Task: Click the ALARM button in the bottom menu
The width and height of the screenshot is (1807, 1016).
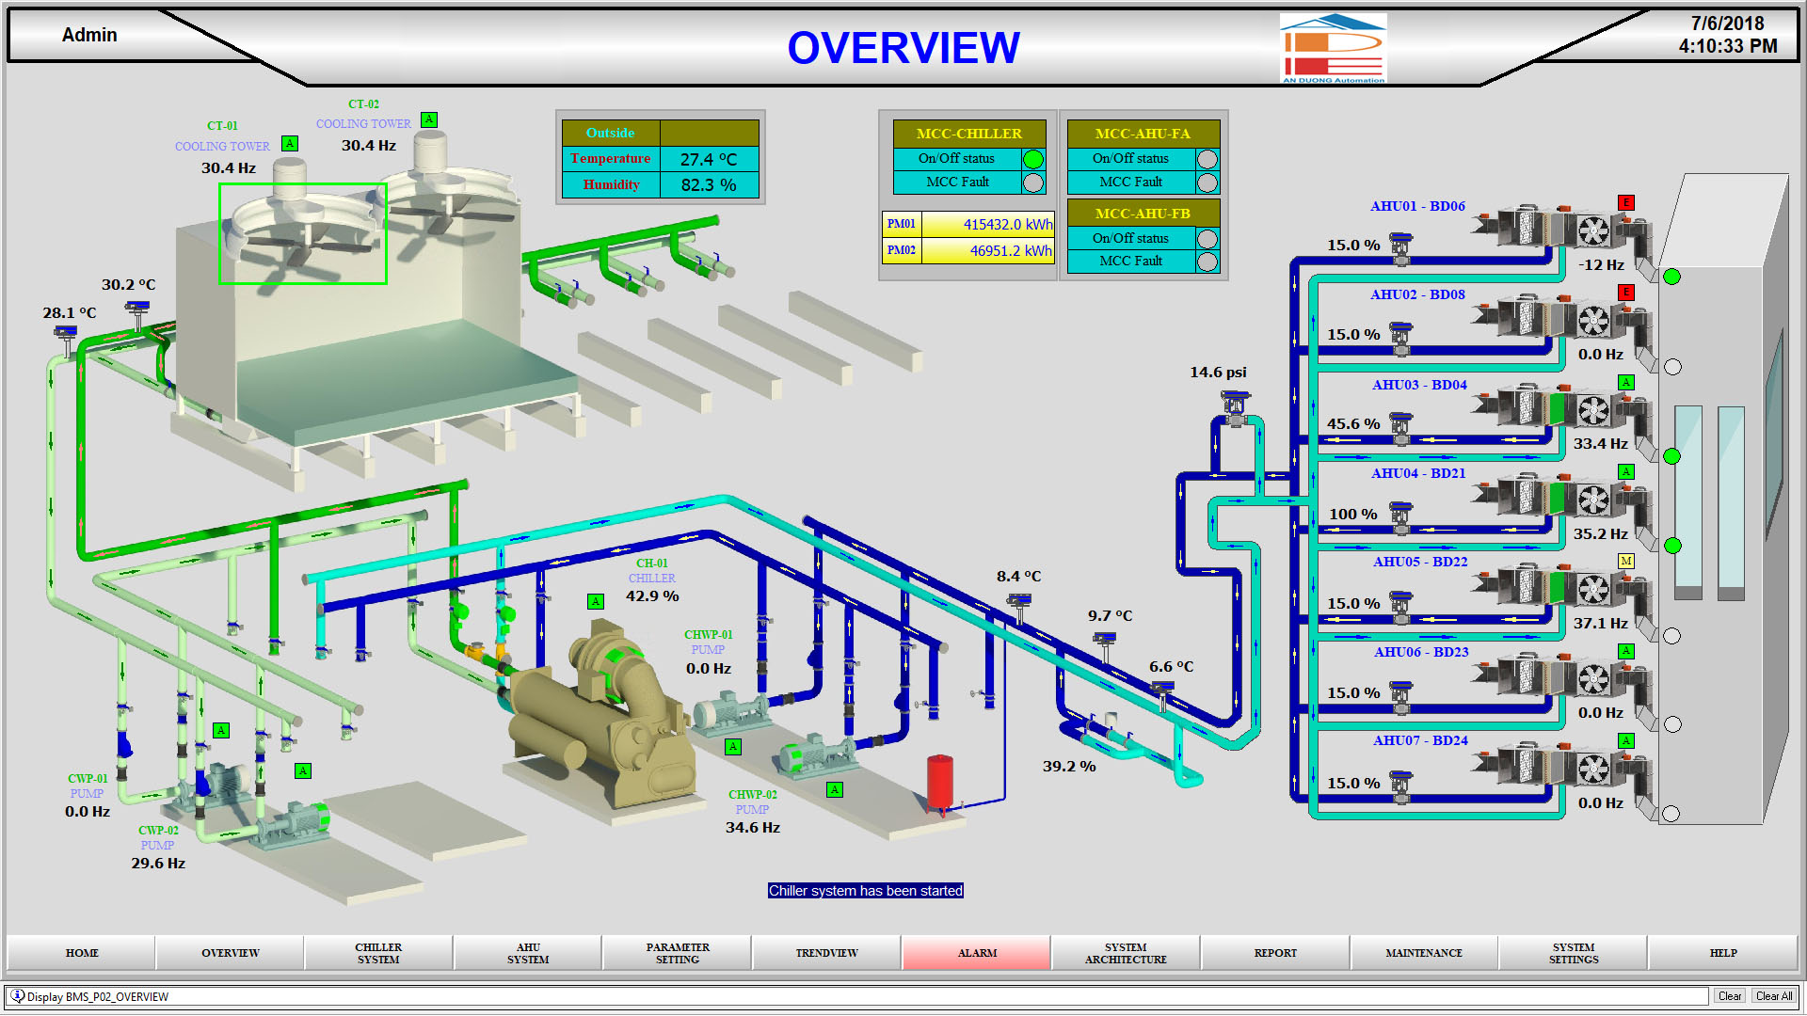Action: point(976,953)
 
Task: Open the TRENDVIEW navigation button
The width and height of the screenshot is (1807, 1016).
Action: point(826,953)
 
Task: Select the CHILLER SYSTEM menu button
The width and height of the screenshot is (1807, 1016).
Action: point(378,953)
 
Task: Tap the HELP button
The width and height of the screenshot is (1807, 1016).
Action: point(1722,953)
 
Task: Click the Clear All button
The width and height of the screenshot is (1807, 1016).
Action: point(1773,996)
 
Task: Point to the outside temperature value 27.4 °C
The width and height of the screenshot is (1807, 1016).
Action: point(709,159)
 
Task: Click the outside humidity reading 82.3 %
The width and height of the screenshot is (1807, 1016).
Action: point(709,184)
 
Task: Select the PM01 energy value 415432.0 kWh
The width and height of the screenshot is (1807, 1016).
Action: point(1007,224)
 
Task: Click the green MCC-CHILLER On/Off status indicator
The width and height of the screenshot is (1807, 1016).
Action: point(1032,159)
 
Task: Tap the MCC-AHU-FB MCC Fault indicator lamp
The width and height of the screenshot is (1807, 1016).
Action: point(1207,262)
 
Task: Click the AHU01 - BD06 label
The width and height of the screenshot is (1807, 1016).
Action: point(1417,206)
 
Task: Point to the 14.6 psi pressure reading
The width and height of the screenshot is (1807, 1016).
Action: point(1218,373)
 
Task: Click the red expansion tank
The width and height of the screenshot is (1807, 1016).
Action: point(939,781)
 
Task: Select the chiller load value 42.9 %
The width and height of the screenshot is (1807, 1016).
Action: point(652,595)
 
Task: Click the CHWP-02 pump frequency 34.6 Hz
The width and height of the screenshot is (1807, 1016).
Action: point(752,828)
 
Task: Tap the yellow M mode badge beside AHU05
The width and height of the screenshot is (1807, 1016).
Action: point(1625,561)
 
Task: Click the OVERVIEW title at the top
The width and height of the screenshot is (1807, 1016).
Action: point(903,48)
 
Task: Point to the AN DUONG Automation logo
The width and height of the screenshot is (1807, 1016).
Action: point(1333,49)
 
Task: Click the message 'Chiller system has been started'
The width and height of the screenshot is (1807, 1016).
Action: point(865,891)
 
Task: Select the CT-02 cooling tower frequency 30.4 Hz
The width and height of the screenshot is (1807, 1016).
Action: point(368,146)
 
